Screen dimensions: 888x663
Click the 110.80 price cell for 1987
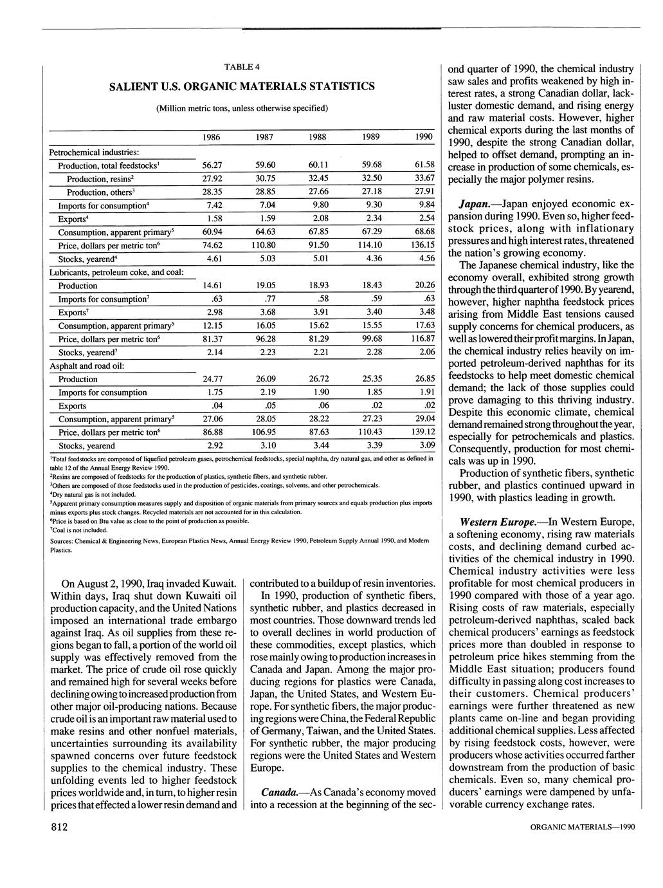click(265, 245)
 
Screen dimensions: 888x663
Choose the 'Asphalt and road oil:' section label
click(87, 365)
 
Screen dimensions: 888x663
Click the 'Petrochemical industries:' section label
click(95, 153)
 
